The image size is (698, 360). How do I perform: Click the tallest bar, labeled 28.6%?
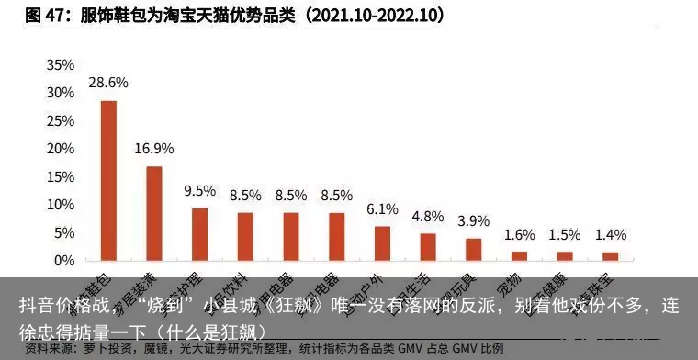tap(108, 180)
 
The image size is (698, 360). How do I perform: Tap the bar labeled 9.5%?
tap(199, 233)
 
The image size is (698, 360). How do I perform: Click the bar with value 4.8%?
tap(428, 247)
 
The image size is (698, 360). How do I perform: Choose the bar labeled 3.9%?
tap(473, 249)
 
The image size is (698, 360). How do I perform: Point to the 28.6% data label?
tap(108, 82)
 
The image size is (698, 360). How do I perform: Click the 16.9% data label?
tap(154, 148)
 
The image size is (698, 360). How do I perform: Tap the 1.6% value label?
tap(519, 234)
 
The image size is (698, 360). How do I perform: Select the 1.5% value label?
tap(565, 234)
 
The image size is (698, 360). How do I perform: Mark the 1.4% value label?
tap(610, 234)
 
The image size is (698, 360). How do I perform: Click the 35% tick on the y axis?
tap(60, 65)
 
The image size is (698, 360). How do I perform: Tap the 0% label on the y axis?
tap(63, 261)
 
